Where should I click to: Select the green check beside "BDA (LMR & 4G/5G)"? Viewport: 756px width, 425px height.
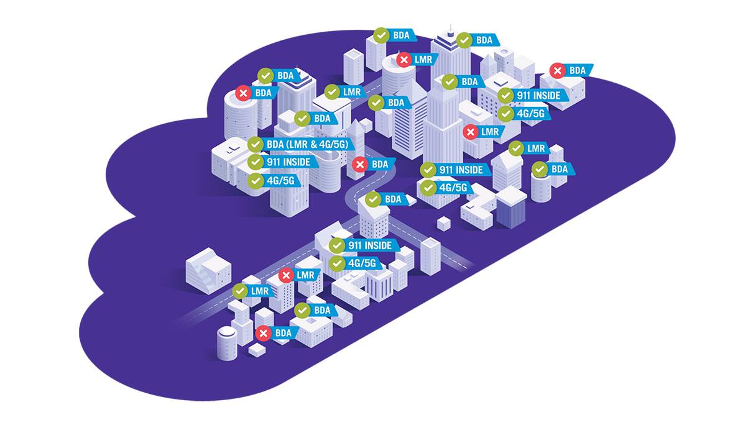click(x=256, y=144)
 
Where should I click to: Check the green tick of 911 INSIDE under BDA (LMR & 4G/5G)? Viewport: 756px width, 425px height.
click(x=256, y=162)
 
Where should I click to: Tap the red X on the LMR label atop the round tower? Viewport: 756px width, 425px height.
click(x=404, y=60)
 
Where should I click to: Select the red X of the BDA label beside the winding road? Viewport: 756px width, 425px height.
click(x=359, y=165)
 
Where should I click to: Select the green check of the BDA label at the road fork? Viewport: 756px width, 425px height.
click(x=373, y=199)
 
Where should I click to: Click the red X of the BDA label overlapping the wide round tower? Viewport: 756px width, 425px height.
click(x=244, y=93)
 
